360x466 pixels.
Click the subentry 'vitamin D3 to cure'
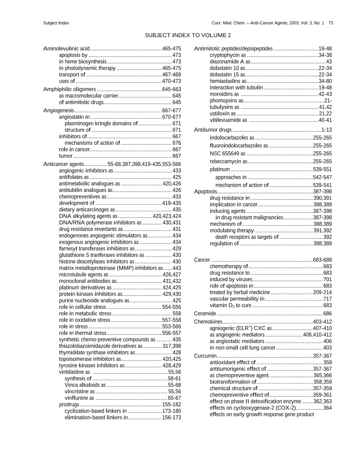tap(231, 305)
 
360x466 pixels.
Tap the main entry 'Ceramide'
tap(205, 313)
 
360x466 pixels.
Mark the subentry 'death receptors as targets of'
tap(247, 237)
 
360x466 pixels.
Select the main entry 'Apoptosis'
tap(205, 192)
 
